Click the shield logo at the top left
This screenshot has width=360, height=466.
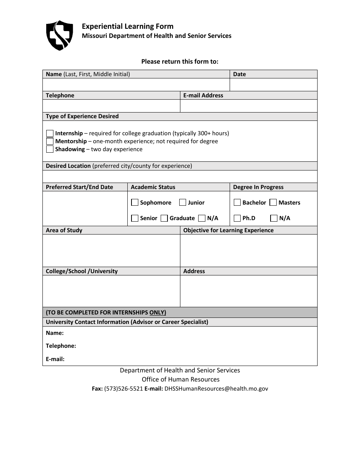coord(59,36)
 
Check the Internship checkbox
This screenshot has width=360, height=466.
coord(50,133)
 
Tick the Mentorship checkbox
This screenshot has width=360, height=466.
coord(50,141)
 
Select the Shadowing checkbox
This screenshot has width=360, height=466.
coord(50,149)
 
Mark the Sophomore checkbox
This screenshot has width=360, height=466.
coord(135,203)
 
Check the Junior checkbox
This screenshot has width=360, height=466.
coord(183,203)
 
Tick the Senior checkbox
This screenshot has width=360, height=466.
coord(135,218)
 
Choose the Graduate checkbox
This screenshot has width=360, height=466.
coord(164,218)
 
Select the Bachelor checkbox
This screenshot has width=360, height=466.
coord(237,203)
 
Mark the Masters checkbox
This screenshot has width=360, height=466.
coord(273,203)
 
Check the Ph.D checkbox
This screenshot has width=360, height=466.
coord(237,218)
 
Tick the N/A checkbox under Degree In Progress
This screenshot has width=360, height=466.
coord(274,218)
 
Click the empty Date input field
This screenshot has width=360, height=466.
coord(273,84)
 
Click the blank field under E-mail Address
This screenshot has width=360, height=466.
coord(248,106)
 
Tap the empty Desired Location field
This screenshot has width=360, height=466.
coord(180,176)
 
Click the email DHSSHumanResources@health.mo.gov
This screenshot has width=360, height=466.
coord(216,389)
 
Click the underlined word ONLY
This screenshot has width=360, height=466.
coord(158,313)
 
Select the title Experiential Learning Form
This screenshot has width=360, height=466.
coord(128,26)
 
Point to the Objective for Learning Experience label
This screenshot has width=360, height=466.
coord(228,230)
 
